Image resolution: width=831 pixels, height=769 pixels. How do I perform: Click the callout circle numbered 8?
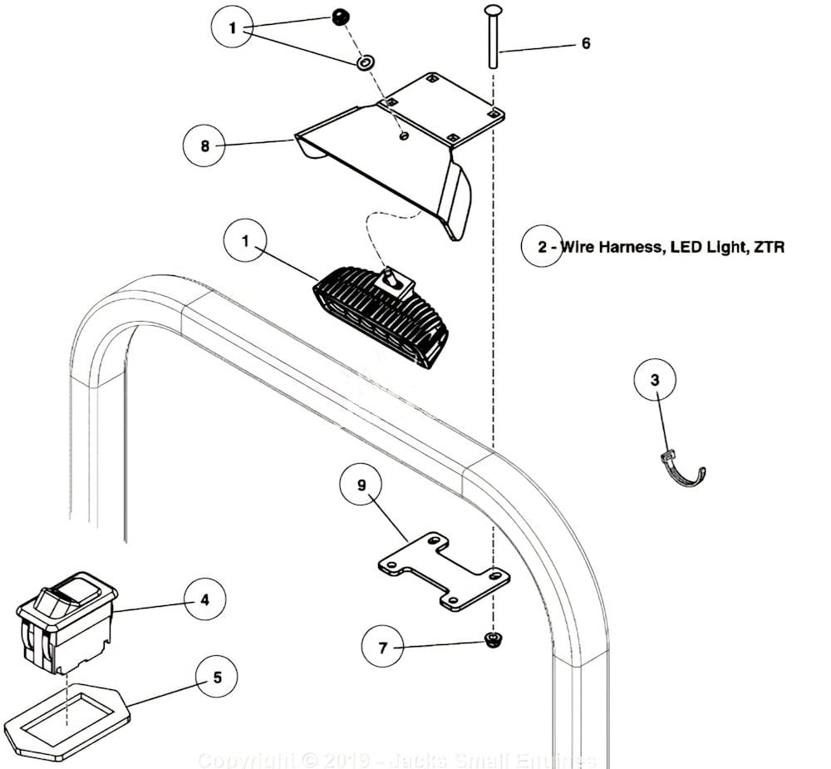coord(205,146)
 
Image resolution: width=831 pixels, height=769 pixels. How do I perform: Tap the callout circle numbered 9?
coord(361,486)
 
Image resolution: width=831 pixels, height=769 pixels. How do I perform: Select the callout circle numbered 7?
coord(383,648)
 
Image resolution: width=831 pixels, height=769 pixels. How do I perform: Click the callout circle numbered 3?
coord(655,380)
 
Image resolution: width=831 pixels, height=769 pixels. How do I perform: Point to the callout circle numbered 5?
coord(218,677)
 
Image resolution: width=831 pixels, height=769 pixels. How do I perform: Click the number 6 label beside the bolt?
coord(586,43)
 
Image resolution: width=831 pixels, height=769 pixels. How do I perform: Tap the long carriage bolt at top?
coord(492,37)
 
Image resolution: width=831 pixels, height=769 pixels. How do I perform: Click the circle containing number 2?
coord(543,247)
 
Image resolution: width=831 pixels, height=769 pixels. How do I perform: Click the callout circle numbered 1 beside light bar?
coord(246,241)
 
